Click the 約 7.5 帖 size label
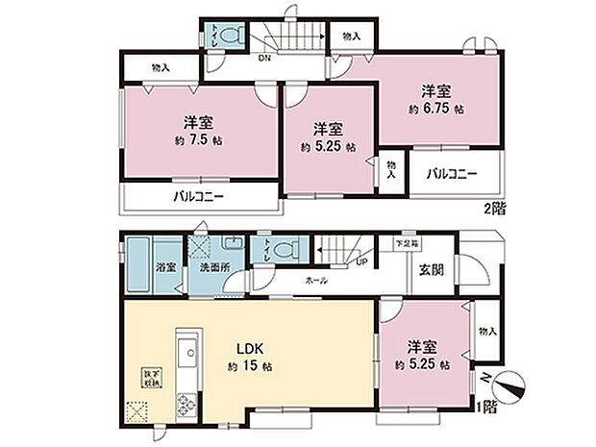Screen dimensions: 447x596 (199, 141)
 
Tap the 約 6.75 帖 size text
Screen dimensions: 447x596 (442, 110)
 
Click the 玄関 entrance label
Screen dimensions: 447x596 (430, 270)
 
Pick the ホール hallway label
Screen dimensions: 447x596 (315, 280)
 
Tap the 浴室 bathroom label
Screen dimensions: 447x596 (166, 269)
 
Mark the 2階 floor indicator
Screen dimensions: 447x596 (493, 207)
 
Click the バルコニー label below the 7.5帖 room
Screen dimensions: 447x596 (199, 196)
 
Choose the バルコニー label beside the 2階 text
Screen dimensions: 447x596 (453, 175)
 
